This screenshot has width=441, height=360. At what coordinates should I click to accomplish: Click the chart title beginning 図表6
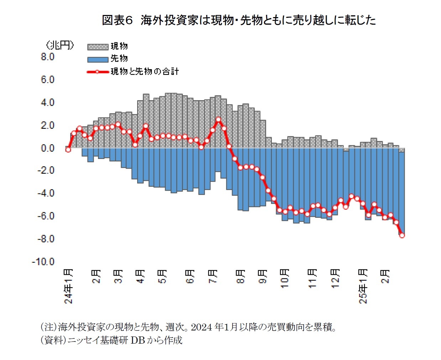tap(238, 20)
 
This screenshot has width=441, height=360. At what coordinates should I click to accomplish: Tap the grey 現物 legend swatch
tap(98, 47)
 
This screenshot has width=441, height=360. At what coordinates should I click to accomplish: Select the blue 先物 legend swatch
tap(98, 59)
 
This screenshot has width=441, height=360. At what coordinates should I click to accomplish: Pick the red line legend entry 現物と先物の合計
tap(133, 72)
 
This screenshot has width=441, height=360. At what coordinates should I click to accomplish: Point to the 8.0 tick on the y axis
tap(47, 57)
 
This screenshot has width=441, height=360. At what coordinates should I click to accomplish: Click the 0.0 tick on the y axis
tap(47, 148)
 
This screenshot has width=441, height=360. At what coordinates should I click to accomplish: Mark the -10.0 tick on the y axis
tap(43, 262)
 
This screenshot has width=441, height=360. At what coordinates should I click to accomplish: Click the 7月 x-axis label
tap(213, 276)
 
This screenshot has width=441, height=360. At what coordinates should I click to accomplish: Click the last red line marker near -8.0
tap(402, 235)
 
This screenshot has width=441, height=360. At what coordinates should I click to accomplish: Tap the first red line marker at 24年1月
tap(68, 150)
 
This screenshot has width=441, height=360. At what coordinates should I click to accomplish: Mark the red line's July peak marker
tap(218, 120)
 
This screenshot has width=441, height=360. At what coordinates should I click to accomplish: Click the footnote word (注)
tap(48, 326)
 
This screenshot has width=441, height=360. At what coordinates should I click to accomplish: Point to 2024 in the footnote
tap(202, 326)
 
